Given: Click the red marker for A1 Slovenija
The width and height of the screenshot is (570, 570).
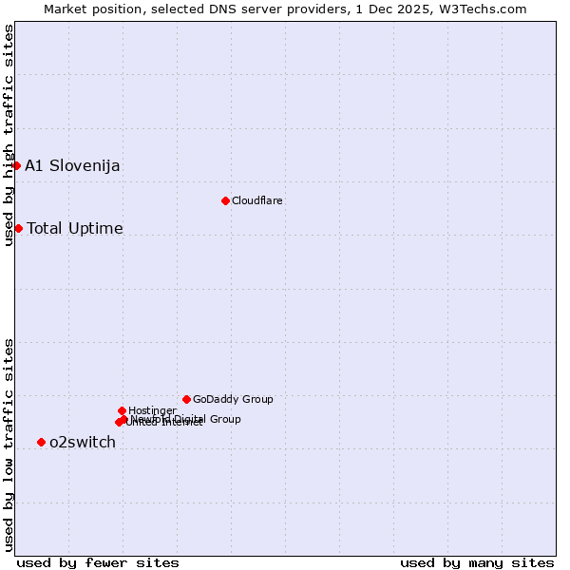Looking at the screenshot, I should tap(16, 165).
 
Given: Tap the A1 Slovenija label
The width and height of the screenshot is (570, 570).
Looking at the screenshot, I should tap(72, 166).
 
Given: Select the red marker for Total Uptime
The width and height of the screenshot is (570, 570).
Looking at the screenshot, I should tap(18, 228).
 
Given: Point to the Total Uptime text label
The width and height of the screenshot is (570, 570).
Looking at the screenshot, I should tap(75, 229).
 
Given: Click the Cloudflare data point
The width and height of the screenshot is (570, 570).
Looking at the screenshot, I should tap(225, 200).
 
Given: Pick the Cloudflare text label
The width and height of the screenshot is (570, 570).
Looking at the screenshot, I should tap(257, 201).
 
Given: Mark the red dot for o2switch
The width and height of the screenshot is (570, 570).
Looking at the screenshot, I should tap(41, 442).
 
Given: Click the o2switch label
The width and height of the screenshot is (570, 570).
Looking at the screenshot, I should tap(83, 443).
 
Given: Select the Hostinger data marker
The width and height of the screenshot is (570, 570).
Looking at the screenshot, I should tap(122, 410).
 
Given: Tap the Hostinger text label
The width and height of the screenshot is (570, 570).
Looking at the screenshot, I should tap(152, 410).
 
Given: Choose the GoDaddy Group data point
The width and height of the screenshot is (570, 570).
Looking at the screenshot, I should tap(186, 399).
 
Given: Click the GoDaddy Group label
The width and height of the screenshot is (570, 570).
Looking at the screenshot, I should tap(233, 400).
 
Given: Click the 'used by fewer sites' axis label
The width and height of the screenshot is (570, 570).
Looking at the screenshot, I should tap(98, 562).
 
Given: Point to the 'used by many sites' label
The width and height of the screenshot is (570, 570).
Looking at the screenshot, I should tap(477, 562).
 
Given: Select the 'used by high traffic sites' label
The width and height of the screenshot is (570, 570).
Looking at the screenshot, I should tap(9, 135).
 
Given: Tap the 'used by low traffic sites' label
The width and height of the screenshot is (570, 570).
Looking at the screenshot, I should tap(9, 445).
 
